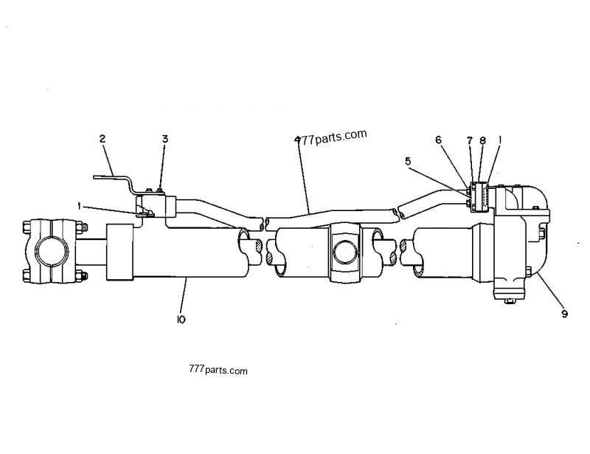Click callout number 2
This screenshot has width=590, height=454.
(x=103, y=138)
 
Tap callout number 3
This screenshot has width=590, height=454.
(x=165, y=138)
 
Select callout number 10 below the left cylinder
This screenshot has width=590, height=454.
(x=181, y=320)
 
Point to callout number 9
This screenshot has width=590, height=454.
(x=563, y=313)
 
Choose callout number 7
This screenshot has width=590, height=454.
(x=470, y=140)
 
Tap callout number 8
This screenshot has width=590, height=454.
(x=482, y=140)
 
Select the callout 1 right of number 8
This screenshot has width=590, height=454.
(x=502, y=140)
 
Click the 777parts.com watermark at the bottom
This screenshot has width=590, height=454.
(x=220, y=371)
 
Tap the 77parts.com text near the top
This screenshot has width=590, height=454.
(x=334, y=136)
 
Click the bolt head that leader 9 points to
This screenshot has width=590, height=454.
(x=530, y=272)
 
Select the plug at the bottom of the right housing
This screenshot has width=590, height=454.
(x=509, y=299)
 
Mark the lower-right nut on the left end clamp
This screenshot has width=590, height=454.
(x=80, y=277)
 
